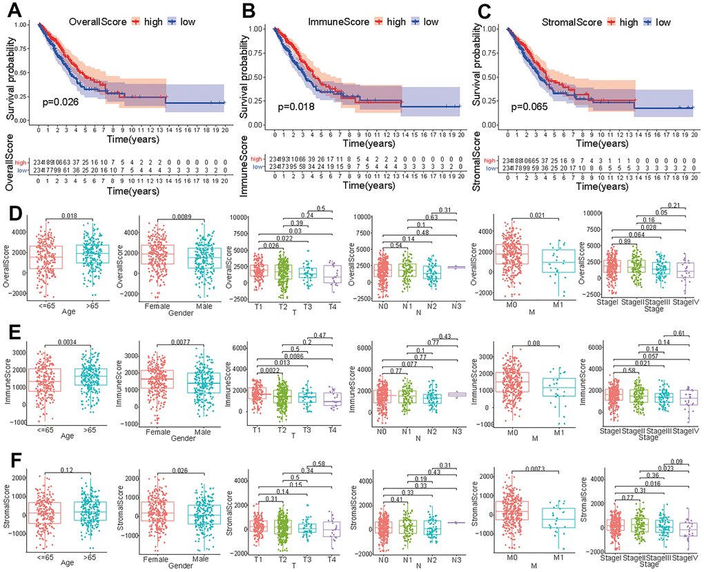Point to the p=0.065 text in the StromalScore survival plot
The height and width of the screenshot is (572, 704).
[534, 106]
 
